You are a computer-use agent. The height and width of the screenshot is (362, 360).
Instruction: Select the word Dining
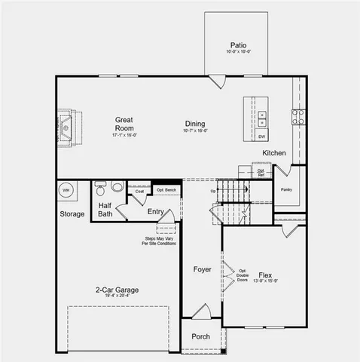(195, 124)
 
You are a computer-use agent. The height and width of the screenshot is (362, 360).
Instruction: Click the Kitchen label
(273, 153)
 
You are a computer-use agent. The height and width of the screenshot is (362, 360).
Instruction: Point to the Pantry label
(285, 189)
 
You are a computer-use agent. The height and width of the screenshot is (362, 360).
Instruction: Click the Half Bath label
(105, 210)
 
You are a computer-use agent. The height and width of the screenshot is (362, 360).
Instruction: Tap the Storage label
(72, 214)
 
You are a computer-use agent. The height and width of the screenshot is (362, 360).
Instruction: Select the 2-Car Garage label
(116, 290)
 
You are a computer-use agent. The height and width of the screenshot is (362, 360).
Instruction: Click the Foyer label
(202, 269)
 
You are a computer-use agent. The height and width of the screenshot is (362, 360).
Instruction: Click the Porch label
(201, 336)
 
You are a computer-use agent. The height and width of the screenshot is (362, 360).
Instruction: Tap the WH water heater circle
(66, 190)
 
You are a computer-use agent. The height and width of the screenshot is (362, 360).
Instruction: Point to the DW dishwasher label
(261, 137)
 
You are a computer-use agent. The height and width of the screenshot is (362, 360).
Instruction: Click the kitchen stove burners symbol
(298, 117)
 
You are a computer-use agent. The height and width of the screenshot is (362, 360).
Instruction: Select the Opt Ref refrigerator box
(261, 172)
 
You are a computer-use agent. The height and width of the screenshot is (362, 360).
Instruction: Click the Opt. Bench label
(166, 190)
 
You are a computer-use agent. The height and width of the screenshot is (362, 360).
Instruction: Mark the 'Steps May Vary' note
(160, 241)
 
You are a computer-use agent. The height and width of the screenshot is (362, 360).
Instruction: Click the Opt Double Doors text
(243, 275)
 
